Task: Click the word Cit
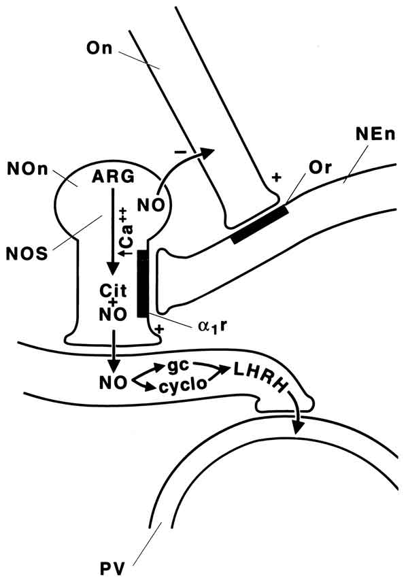[109, 288]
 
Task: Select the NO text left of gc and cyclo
[115, 379]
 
